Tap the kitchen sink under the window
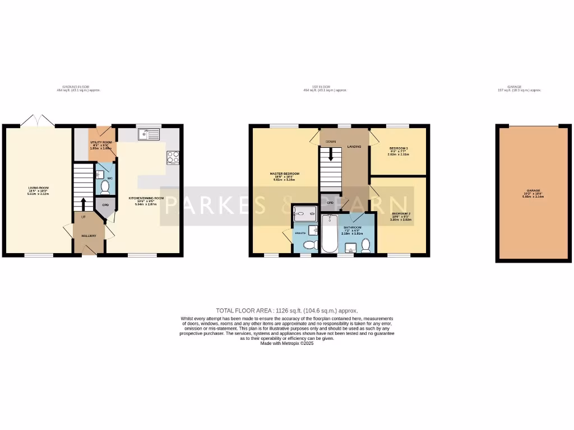coord(150,134)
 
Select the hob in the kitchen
coord(173,158)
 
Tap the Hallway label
coord(89,236)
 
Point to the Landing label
coord(354,147)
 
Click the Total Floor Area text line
coord(286,310)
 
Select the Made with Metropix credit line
coord(286,343)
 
